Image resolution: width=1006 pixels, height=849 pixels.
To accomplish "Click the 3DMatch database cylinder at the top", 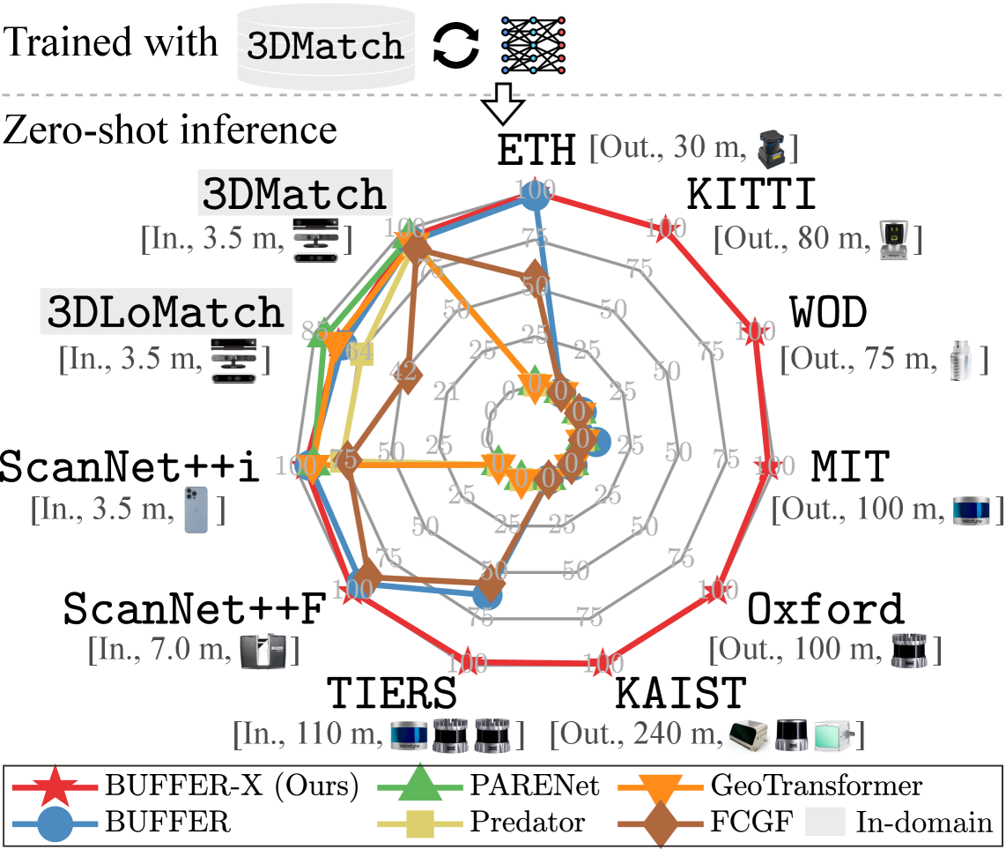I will (x=326, y=47).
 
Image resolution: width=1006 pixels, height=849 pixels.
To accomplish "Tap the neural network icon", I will (x=533, y=44).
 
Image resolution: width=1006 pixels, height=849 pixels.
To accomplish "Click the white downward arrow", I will (x=503, y=103).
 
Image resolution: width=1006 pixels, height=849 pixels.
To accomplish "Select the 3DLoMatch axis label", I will (x=166, y=311).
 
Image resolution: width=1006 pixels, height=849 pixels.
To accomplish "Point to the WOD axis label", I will (x=828, y=311).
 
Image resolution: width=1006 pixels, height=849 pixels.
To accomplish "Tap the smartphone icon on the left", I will (x=196, y=510).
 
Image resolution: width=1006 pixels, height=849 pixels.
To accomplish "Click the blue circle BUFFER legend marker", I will (x=56, y=823).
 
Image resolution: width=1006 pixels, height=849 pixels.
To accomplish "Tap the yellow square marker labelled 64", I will (x=360, y=353).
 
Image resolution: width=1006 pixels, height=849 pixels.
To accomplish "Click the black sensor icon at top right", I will (x=770, y=149).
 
